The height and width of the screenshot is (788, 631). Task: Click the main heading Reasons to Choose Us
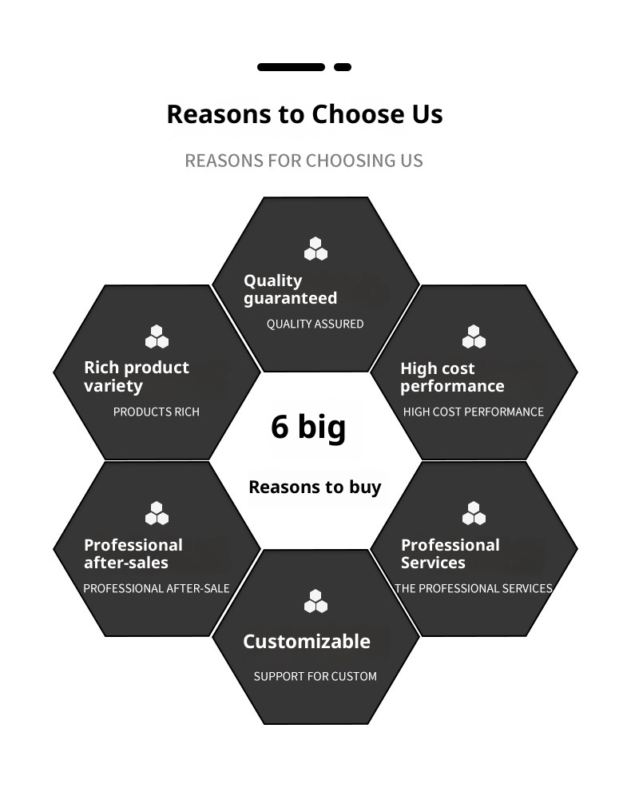click(x=304, y=114)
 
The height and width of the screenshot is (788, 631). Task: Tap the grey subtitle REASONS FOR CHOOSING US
click(x=304, y=161)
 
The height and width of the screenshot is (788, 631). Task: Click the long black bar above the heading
click(x=291, y=67)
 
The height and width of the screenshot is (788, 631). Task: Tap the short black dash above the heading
click(x=343, y=67)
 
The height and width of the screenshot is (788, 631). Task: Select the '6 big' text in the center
click(x=308, y=426)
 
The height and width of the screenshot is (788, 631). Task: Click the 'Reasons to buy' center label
click(x=315, y=487)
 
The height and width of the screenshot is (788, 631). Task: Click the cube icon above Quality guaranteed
click(x=315, y=249)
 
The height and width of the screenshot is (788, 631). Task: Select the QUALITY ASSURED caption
click(x=315, y=324)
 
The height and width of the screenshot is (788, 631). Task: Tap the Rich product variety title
click(x=136, y=376)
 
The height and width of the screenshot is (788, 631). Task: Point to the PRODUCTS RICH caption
click(x=156, y=412)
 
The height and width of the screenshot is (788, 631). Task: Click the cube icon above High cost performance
click(x=474, y=337)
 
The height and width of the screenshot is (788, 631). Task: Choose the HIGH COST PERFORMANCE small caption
click(x=473, y=412)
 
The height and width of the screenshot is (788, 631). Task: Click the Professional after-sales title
click(x=133, y=553)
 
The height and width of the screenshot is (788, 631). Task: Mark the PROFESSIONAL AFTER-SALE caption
click(x=157, y=588)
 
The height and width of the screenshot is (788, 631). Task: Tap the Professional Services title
click(x=450, y=553)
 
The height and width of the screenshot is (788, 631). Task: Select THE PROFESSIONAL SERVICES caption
click(x=473, y=588)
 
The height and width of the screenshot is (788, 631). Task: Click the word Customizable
click(x=307, y=641)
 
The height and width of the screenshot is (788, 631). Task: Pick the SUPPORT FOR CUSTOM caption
click(x=315, y=676)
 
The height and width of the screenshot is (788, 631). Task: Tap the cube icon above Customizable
click(x=315, y=601)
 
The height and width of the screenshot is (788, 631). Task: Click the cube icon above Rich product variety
click(x=157, y=337)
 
